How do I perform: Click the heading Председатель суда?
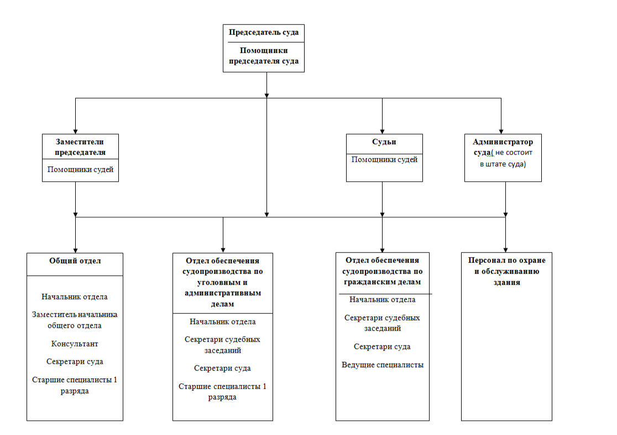264,32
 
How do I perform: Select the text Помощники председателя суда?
264,55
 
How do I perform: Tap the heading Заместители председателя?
80,147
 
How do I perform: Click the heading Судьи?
384,142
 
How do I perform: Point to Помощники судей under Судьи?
384,159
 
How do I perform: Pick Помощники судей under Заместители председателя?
80,169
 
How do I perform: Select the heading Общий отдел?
75,261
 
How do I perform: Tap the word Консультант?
75,344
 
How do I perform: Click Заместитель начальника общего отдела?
75,320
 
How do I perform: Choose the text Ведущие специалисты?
383,365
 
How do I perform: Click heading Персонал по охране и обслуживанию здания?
507,271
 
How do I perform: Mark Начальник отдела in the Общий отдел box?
75,297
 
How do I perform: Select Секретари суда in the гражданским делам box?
382,347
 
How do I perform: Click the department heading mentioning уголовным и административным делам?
223,282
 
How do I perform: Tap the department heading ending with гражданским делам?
383,271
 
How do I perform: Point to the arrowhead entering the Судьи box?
382,132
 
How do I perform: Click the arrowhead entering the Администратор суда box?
501,132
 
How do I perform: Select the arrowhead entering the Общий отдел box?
76,251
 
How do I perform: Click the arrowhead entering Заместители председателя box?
76,132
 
